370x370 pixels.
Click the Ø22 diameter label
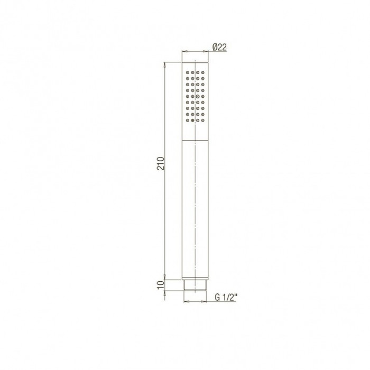click(x=219, y=47)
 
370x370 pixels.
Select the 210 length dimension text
click(x=161, y=163)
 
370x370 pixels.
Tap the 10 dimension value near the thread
click(x=161, y=285)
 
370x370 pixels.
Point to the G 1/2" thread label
click(x=226, y=297)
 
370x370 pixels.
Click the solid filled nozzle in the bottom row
click(x=192, y=121)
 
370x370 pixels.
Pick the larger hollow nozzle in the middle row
click(x=198, y=96)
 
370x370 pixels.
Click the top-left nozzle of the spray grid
click(x=188, y=72)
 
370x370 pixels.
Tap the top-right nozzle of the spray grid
click(x=202, y=72)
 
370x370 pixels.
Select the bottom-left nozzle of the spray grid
click(x=188, y=121)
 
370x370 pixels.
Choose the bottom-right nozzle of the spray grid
click(x=202, y=121)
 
